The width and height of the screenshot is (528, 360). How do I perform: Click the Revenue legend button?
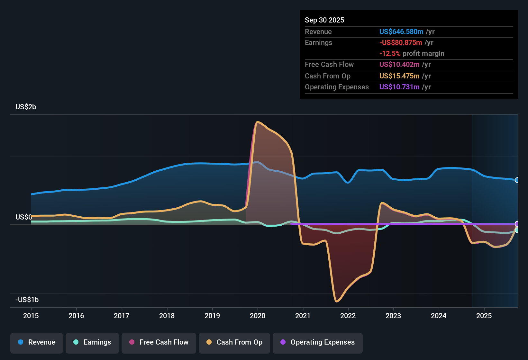pos(37,342)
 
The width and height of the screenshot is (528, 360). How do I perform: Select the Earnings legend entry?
pos(92,342)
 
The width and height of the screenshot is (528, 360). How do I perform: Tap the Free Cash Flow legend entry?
pos(159,342)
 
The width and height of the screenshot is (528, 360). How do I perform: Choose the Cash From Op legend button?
pos(234,342)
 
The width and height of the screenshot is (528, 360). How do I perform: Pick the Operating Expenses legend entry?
pos(318,342)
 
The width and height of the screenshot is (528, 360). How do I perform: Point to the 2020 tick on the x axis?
pos(258,316)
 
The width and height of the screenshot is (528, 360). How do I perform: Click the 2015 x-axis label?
pos(31,316)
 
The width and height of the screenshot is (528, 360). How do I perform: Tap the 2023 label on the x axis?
pos(393,316)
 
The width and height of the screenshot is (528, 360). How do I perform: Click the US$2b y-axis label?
pos(26,107)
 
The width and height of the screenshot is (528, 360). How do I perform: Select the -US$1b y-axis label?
pos(27,300)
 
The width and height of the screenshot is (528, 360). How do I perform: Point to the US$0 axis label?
pos(24,217)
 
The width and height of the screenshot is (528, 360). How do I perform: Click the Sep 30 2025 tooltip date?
pos(324,20)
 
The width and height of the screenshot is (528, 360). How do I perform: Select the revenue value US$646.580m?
pos(401,32)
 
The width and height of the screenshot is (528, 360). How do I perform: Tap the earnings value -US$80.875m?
pos(401,43)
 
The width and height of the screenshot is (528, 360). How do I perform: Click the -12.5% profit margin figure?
pos(390,54)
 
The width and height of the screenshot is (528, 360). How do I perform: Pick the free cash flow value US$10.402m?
pos(399,65)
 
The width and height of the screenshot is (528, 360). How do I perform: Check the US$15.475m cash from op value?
pos(399,76)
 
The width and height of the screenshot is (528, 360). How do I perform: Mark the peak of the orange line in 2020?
pos(257,122)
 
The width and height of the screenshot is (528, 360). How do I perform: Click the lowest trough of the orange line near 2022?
pos(337,301)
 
